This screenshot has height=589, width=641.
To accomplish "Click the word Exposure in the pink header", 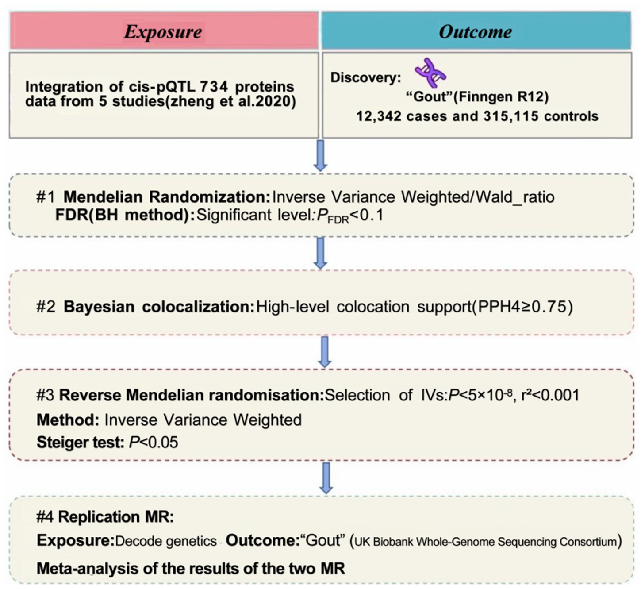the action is (163, 32).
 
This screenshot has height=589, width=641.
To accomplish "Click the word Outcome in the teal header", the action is (476, 32).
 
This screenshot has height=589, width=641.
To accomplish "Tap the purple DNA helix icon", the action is (430, 73).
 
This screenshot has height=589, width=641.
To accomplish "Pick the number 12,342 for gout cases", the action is (379, 116).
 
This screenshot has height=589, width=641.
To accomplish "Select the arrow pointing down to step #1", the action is (320, 156).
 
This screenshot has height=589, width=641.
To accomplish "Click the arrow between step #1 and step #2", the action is (320, 253).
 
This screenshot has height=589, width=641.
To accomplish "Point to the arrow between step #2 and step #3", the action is (325, 352).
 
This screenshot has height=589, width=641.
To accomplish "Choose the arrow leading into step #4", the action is (326, 478).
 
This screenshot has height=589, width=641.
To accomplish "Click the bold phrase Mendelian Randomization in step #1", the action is (167, 197).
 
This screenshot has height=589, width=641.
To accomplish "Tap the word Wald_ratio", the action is (515, 197).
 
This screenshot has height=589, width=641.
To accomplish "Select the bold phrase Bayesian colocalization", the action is (159, 307).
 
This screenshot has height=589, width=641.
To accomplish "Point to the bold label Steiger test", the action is (80, 442).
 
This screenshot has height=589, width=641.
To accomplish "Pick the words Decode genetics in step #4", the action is (166, 541).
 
